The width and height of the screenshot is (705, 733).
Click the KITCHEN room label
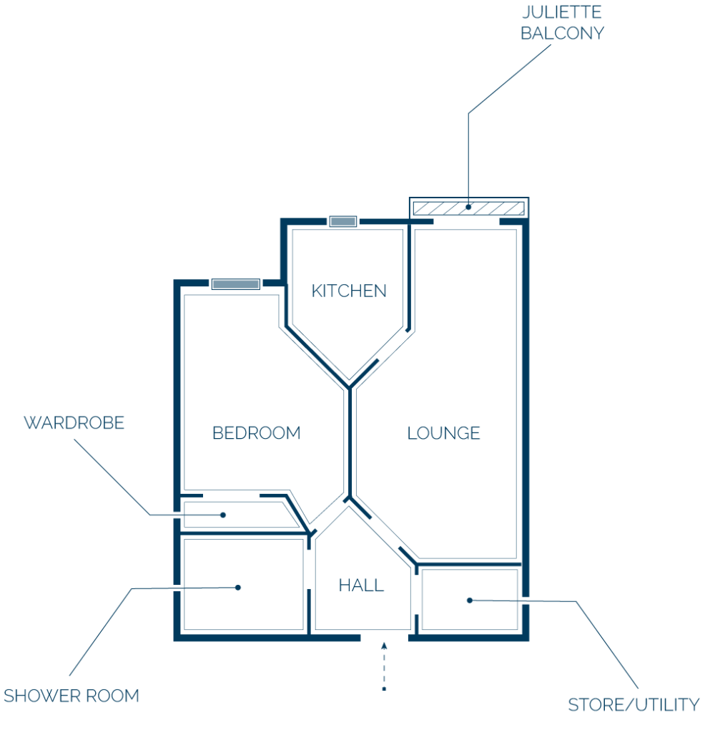pos(349,291)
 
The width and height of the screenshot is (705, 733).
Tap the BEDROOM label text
pos(256,433)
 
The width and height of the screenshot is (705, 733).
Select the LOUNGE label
pos(443,433)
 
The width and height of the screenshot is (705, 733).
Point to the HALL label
pos(361,586)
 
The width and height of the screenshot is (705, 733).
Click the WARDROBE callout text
pos(74,422)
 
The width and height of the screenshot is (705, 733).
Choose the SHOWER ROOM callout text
pos(72,696)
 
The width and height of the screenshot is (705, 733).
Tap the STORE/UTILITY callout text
pos(633,704)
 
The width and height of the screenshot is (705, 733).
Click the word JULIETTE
pos(562,12)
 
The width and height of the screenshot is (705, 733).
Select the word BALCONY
pos(562,33)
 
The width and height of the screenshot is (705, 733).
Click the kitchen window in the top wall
pos(343,221)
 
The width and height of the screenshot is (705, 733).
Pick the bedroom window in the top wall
pos(236,283)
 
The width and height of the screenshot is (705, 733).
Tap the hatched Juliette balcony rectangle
pos(469,208)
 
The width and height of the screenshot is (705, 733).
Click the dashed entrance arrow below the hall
pos(384,666)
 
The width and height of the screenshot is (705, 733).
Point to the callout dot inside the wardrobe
pos(223,515)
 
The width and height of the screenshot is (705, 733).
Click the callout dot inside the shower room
pos(238,587)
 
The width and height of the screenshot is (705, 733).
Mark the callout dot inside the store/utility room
pos(470,601)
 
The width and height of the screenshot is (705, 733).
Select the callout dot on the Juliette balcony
pos(468,207)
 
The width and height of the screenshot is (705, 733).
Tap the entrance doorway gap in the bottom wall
pos(384,638)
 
